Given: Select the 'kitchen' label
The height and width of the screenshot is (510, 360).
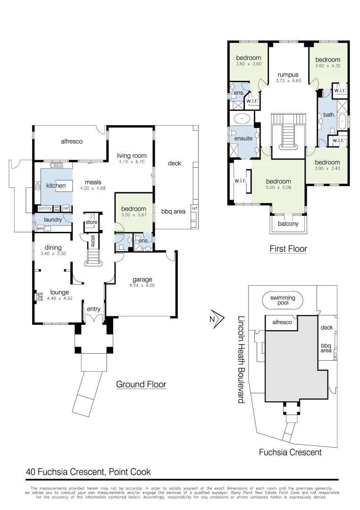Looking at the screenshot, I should pos(56,186).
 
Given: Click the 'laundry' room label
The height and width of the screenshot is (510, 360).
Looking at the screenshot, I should pos(53,220).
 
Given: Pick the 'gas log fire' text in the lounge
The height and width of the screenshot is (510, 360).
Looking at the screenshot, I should pos(40,296).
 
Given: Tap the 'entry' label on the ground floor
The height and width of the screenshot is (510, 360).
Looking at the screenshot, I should pos(93,309).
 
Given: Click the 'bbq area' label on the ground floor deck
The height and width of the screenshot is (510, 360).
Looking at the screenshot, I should pos(173,211).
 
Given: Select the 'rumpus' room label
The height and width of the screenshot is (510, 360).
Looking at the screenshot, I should pos(288,75).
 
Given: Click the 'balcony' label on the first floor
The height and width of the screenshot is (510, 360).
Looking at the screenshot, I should pos(288,224).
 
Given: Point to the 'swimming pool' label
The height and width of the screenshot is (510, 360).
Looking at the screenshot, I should pos(283,301).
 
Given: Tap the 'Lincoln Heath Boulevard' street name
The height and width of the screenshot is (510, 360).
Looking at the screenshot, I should pos(241,359).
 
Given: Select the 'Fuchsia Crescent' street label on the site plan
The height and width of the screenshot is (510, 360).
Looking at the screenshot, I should pos(290,452).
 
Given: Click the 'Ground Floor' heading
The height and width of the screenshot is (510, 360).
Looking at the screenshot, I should pos(141,384).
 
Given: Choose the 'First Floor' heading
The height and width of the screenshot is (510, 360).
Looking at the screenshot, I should pos(288,248).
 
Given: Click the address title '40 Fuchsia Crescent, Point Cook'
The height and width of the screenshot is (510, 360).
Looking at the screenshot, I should pos(88,472).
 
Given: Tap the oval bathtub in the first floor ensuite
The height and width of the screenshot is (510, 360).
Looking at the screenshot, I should pos(243,118).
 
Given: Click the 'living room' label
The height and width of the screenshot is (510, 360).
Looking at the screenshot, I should pos(132,155).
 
